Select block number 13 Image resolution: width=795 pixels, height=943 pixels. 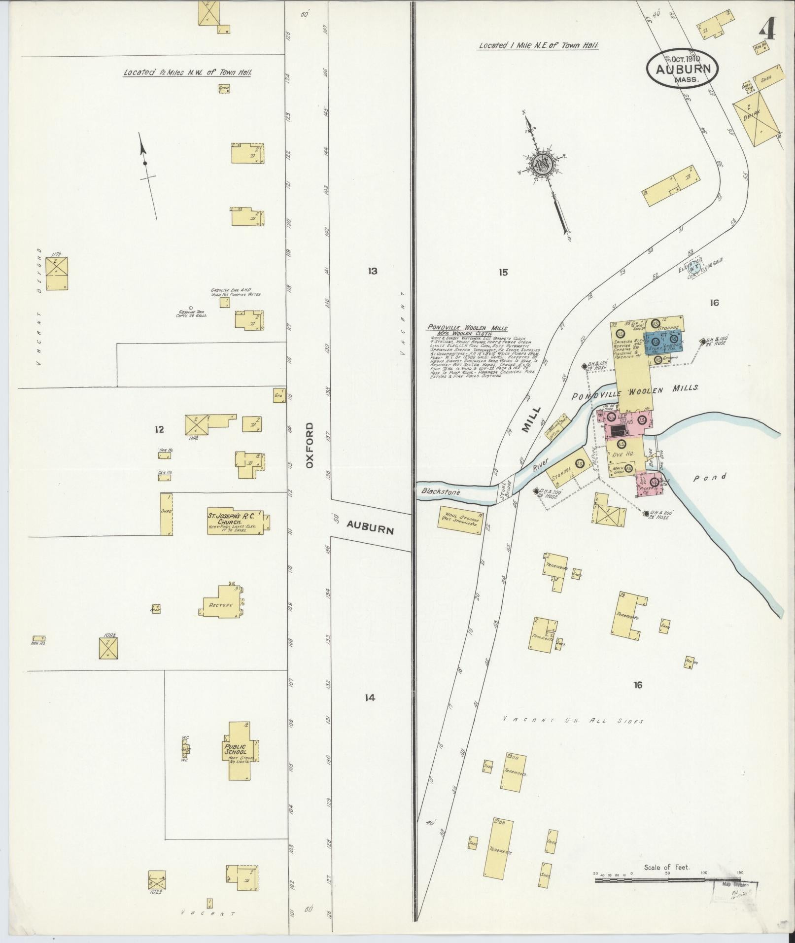click(372, 271)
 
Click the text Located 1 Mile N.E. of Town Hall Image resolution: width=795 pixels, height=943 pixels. click(538, 46)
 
